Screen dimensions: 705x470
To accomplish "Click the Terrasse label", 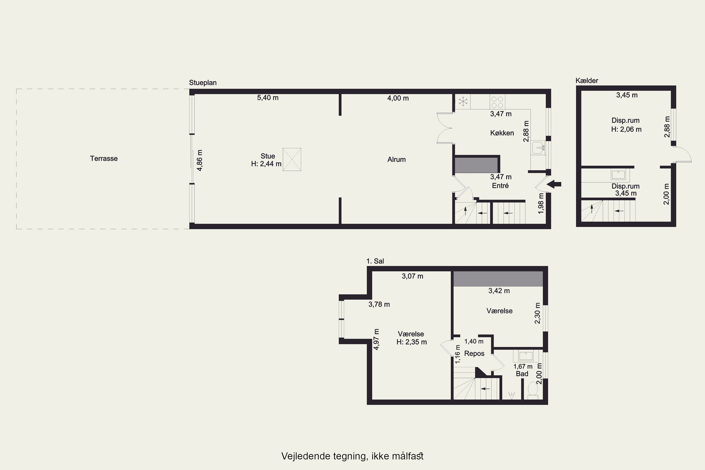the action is (104, 159).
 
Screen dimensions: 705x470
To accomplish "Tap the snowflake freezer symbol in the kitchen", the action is (463, 101).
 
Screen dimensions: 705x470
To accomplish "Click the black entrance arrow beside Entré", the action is (554, 184).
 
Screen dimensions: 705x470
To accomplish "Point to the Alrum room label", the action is (397, 160).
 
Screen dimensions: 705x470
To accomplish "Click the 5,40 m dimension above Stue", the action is (268, 98).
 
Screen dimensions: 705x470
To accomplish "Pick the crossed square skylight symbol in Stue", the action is (292, 160).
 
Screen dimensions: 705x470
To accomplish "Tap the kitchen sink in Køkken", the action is (538, 148).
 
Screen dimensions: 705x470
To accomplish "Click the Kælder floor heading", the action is (587, 81).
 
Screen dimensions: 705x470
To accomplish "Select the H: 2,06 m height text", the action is (627, 129).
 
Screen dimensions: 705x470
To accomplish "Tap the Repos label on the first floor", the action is (474, 354).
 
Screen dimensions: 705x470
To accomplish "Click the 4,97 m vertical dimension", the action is (376, 339).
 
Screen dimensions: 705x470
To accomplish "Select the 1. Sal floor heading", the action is (375, 261).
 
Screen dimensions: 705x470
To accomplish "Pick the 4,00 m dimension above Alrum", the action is (398, 98).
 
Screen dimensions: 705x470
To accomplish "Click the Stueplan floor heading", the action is (203, 83).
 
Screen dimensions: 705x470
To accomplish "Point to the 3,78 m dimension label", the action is (379, 305).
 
